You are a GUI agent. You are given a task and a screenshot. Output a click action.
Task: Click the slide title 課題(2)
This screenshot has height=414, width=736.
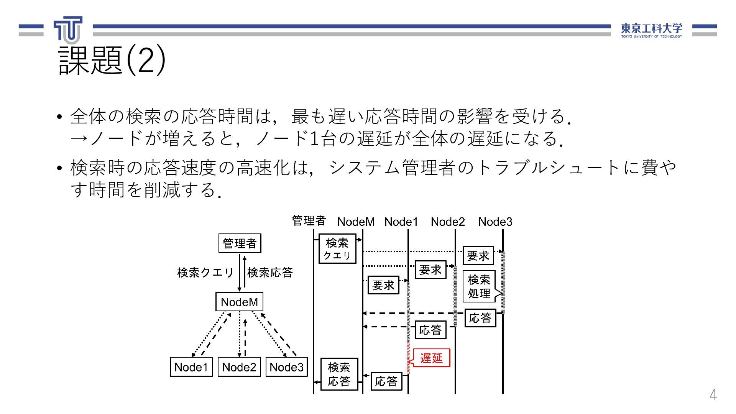(112, 60)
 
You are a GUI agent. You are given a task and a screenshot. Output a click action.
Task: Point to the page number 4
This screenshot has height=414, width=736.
(713, 395)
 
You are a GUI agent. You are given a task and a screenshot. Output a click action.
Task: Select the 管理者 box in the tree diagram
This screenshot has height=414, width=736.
(240, 243)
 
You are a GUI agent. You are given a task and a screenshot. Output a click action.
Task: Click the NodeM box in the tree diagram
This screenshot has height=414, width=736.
(239, 302)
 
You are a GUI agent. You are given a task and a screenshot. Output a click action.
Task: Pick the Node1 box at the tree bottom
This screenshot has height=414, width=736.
(191, 367)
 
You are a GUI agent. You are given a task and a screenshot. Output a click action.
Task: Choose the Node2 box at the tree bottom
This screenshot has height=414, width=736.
(239, 367)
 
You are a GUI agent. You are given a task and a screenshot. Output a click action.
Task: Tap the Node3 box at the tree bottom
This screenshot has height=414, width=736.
(286, 367)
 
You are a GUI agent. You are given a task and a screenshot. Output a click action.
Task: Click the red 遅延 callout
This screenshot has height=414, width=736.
(431, 358)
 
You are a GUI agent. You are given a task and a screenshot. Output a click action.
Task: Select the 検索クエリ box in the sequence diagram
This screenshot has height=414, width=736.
(337, 249)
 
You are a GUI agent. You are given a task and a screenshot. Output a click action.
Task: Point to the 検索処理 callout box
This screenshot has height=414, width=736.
(479, 286)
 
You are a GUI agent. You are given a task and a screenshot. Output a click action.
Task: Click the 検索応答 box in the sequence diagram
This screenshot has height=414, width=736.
(339, 374)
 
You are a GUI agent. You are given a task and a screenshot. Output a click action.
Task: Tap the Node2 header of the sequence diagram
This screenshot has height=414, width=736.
(447, 222)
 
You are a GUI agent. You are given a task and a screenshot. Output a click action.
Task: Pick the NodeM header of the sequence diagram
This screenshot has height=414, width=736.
(356, 222)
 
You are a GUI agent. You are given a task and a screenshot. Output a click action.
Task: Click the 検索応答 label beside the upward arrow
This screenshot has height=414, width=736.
(270, 273)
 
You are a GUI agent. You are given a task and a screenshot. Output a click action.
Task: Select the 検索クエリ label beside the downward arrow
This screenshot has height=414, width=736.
(205, 273)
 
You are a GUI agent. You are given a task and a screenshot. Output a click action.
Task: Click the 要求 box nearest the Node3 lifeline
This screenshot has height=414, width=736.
(478, 256)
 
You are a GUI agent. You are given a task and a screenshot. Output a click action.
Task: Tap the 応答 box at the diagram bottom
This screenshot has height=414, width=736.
(386, 381)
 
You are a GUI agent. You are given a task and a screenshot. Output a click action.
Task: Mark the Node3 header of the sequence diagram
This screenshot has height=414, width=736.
(495, 222)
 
